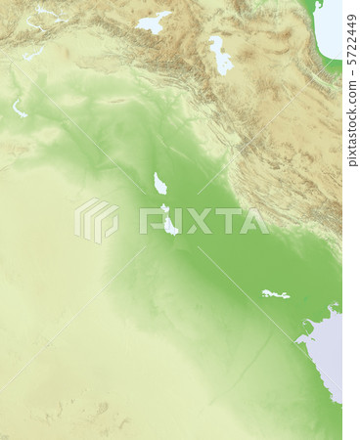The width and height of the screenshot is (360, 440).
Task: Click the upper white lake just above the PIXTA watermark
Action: click(x=159, y=183)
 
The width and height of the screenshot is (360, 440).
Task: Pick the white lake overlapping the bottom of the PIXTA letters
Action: click(x=169, y=226)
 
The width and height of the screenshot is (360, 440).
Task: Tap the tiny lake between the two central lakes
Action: click(x=163, y=208)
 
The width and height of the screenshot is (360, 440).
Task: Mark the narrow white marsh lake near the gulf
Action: click(x=275, y=293)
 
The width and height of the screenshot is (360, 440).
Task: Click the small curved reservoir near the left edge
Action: click(x=19, y=109)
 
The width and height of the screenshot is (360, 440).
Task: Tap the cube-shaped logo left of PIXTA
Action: click(x=97, y=219)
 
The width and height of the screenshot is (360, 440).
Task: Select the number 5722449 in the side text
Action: click(x=351, y=34)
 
